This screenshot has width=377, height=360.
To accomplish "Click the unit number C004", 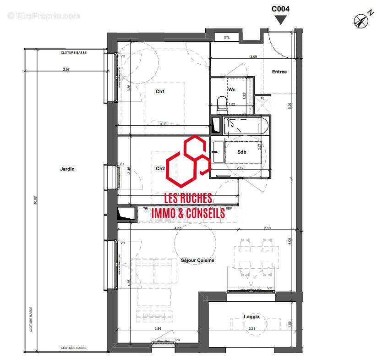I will tap(280, 8).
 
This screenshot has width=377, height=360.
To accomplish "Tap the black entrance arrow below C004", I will tap(280, 20).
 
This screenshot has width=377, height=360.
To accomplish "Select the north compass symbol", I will tap(361, 20).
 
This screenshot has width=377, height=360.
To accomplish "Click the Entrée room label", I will tap(279, 72).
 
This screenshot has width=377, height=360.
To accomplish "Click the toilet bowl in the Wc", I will tap(222, 105).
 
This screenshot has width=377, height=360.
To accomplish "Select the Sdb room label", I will tap(242, 152).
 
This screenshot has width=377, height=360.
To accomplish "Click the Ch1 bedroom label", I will tap(160, 92).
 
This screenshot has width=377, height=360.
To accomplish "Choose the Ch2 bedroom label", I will tap(160, 168).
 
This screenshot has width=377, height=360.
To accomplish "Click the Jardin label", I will tap(67, 169).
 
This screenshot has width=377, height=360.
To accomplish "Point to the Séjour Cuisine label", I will tap(197, 260).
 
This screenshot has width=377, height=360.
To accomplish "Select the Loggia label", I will tap(251, 317).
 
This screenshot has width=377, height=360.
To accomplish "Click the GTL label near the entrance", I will tap(226, 37).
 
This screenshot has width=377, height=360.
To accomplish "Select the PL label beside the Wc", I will tap(262, 99).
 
